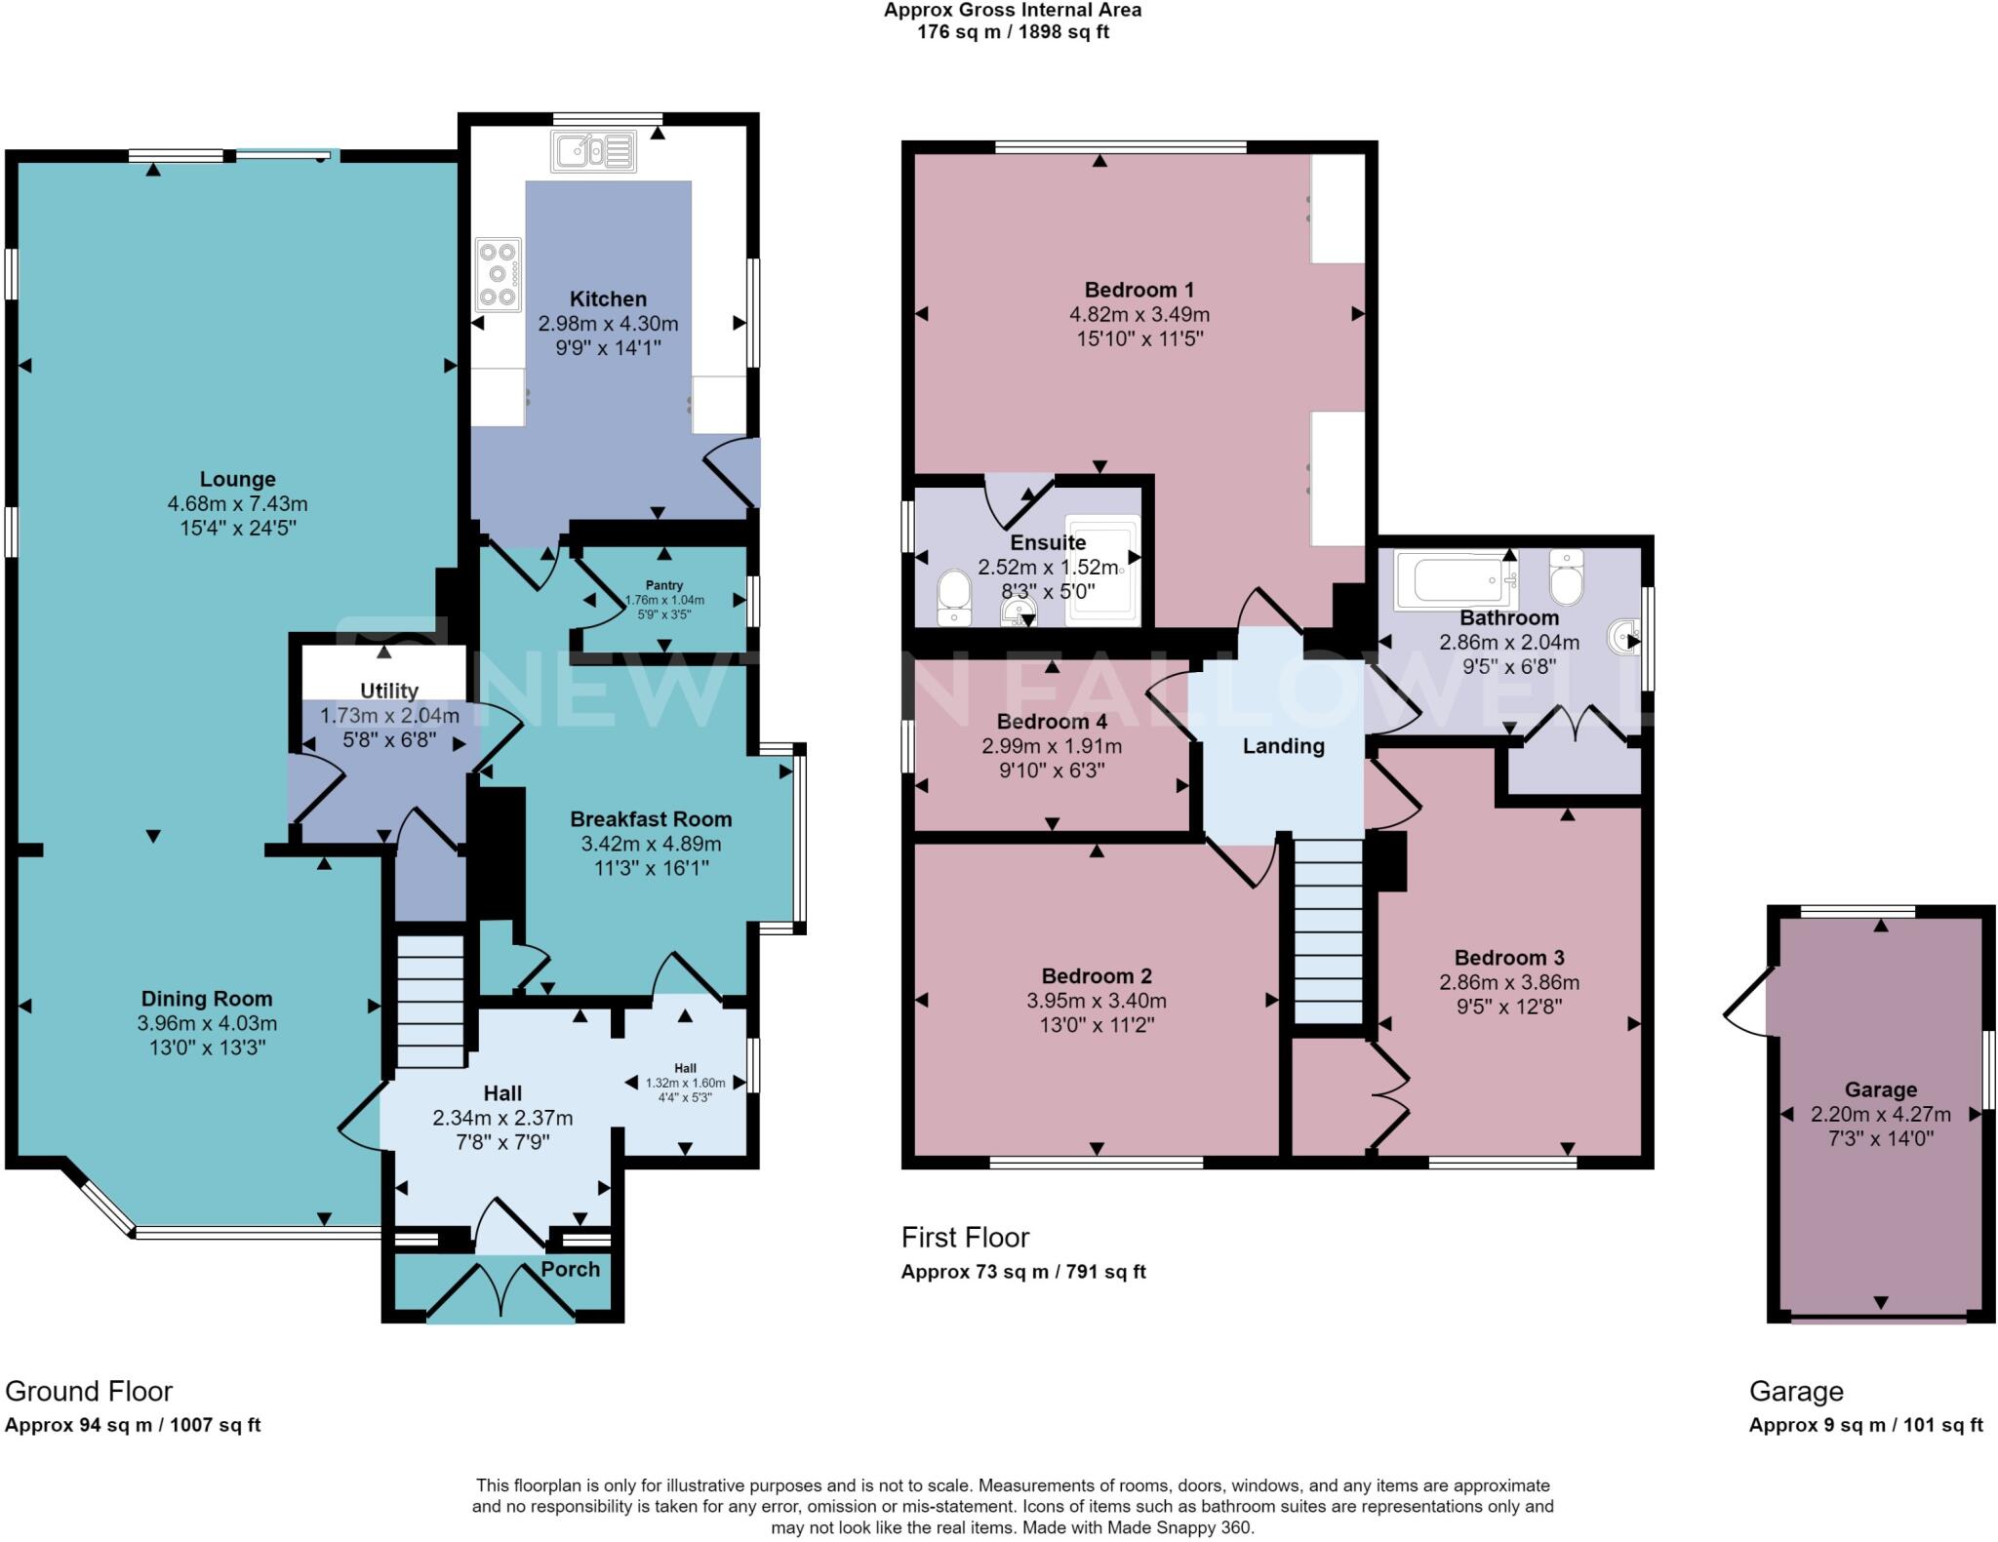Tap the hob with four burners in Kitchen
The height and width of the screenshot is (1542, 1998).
pos(498,274)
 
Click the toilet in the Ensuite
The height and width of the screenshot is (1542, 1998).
pos(953,597)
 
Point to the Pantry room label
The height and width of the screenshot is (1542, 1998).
pos(664,585)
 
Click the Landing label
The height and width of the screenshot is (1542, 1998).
pos(1283,746)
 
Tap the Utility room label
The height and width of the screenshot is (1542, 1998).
pos(389,691)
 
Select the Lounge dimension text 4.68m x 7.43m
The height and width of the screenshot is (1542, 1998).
pos(237,504)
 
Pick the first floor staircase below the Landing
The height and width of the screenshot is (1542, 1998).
pos(1328,931)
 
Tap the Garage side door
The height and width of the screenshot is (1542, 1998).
pos(1747,1002)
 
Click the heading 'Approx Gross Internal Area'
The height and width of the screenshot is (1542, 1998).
pos(1013,11)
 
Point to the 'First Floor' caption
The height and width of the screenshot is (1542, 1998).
pos(965,1238)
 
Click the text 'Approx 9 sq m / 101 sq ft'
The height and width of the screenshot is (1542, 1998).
pos(1865,1425)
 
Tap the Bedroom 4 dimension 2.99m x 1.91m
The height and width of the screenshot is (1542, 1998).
pos(1052,747)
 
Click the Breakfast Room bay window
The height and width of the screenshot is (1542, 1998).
pos(799,839)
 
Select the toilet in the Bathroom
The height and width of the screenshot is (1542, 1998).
pos(1566,577)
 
